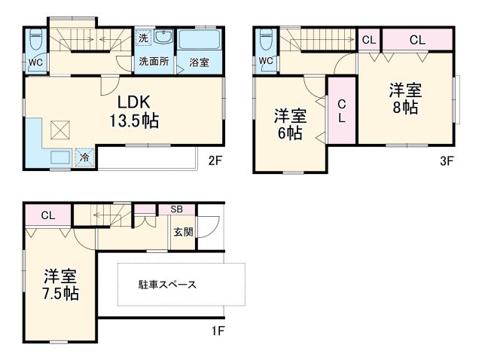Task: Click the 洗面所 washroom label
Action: pyautogui.click(x=154, y=63)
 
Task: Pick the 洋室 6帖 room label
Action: pyautogui.click(x=289, y=124)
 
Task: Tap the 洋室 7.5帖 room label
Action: pyautogui.click(x=59, y=284)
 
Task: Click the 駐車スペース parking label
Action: pyautogui.click(x=167, y=285)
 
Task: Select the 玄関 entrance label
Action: pyautogui.click(x=183, y=232)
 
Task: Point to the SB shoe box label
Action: pyautogui.click(x=176, y=209)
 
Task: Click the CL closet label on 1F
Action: pyautogui.click(x=48, y=215)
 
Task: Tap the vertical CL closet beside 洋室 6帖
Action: pyautogui.click(x=341, y=111)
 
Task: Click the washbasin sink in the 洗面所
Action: pyautogui.click(x=165, y=39)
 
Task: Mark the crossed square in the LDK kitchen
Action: pyautogui.click(x=59, y=130)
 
